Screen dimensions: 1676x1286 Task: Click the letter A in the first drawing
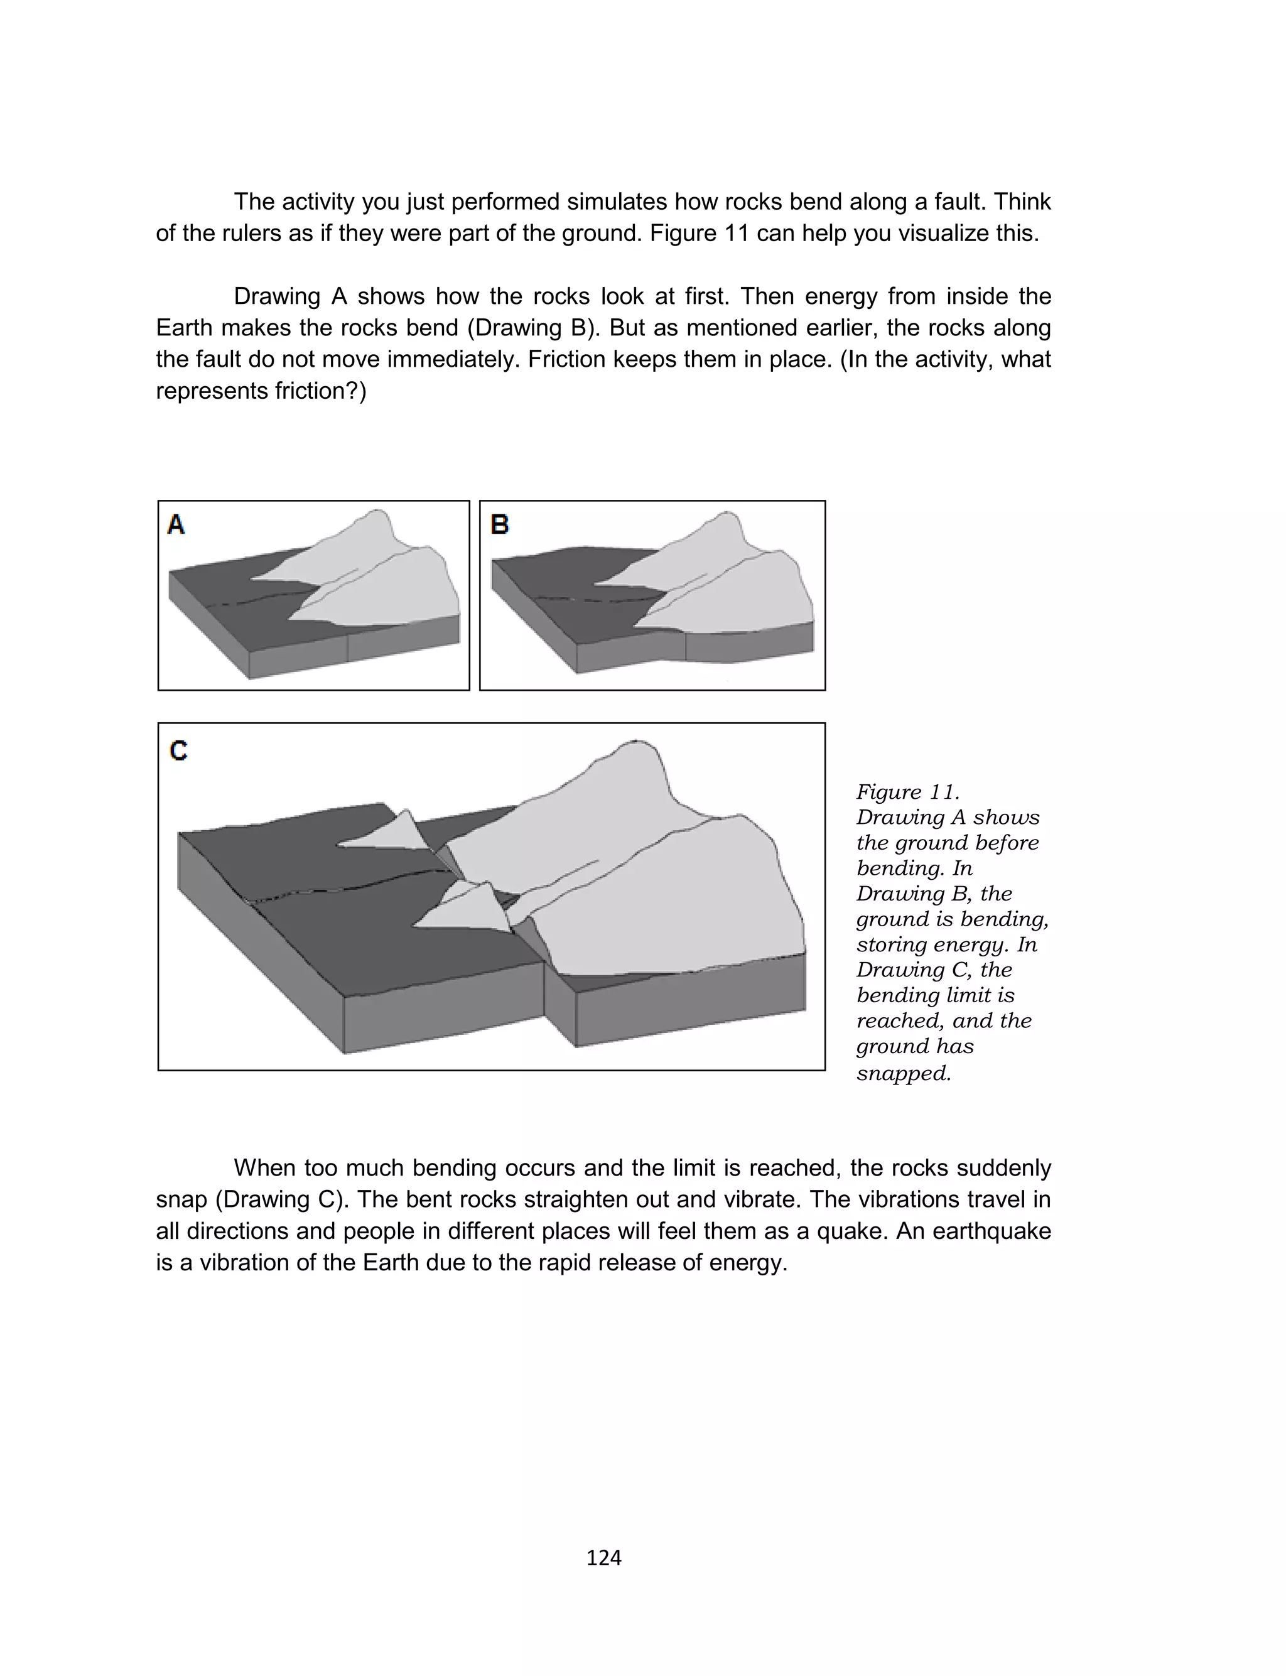click(176, 525)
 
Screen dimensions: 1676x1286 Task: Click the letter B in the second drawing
click(499, 525)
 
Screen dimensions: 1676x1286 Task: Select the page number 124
click(603, 1557)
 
